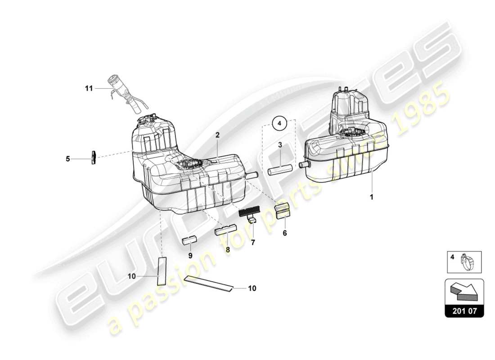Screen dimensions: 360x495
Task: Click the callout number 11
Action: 89,89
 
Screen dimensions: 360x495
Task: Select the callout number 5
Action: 68,158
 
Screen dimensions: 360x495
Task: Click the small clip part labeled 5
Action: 94,157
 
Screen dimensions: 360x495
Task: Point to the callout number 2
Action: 217,135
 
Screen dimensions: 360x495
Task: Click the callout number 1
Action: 372,197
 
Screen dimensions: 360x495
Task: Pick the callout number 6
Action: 284,233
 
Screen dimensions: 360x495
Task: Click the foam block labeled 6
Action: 283,211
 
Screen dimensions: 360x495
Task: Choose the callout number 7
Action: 253,243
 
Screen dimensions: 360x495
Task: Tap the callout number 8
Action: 228,249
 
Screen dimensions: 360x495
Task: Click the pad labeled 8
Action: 225,231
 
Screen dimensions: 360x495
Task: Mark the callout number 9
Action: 190,255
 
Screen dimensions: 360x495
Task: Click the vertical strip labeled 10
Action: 161,271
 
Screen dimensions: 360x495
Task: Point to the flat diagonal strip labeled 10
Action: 210,284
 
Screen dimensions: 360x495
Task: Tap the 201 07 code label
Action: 464,310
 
